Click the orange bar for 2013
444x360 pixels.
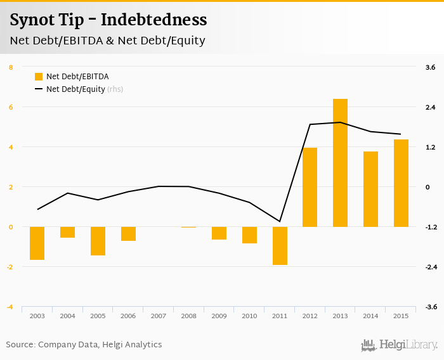(x=340, y=163)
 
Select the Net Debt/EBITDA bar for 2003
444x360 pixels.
(x=37, y=243)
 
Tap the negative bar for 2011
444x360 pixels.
(x=280, y=246)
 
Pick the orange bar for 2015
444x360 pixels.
(x=401, y=183)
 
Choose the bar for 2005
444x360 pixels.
(x=98, y=241)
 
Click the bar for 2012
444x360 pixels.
(x=310, y=187)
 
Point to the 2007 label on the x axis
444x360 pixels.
(x=159, y=316)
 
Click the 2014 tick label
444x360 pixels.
(x=370, y=316)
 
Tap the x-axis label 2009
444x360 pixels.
(x=219, y=316)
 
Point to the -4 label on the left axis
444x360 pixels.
(x=10, y=307)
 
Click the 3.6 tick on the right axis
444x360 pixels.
(x=430, y=67)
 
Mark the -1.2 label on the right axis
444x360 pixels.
(x=429, y=227)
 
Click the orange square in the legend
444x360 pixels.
(x=39, y=77)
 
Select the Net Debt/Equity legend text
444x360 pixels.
(x=75, y=89)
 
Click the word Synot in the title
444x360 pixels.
(x=32, y=20)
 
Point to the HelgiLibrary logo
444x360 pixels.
(x=400, y=345)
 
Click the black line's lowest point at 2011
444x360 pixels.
(x=280, y=222)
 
